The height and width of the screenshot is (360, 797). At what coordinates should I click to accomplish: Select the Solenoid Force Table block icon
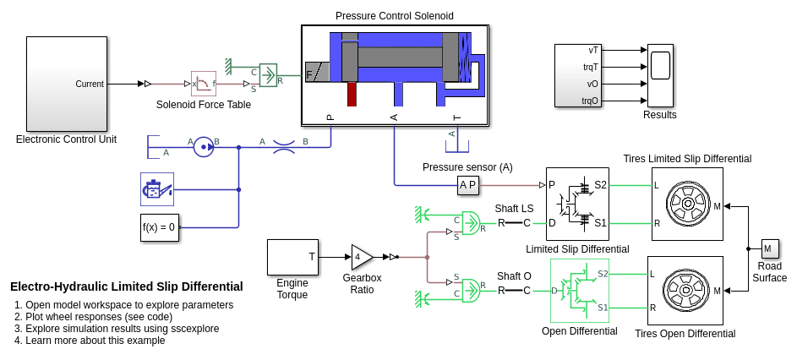(204, 84)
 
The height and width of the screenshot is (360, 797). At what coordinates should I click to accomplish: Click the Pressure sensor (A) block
(467, 184)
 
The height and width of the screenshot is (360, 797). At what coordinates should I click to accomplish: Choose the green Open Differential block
(579, 291)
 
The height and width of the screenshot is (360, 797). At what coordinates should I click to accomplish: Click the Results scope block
(660, 75)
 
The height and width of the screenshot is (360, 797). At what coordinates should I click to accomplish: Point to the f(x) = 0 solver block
(159, 227)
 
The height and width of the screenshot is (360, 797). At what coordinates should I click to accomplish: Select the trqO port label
(590, 101)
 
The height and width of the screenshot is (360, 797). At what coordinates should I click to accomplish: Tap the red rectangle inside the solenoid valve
(352, 94)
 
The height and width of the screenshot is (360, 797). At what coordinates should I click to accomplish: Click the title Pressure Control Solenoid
(394, 16)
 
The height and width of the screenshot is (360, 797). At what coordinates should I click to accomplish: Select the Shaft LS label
(514, 209)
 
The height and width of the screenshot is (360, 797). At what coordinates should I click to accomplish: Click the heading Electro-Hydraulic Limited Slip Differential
(127, 286)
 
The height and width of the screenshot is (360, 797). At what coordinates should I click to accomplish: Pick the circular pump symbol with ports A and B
(203, 147)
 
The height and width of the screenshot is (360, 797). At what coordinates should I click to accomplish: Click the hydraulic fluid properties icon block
(158, 189)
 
